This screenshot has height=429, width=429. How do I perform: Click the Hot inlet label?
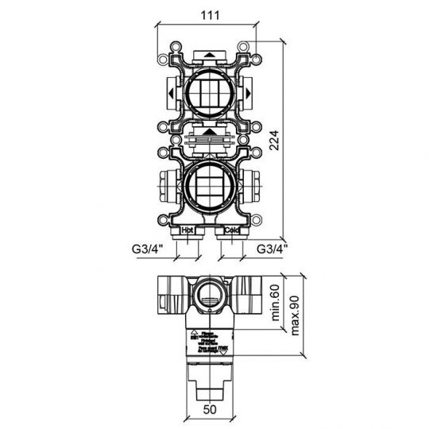(188, 230)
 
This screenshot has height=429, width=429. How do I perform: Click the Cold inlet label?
(230, 230)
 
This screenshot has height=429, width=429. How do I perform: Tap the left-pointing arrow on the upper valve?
(172, 94)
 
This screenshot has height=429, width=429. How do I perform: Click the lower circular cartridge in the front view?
(209, 184)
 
